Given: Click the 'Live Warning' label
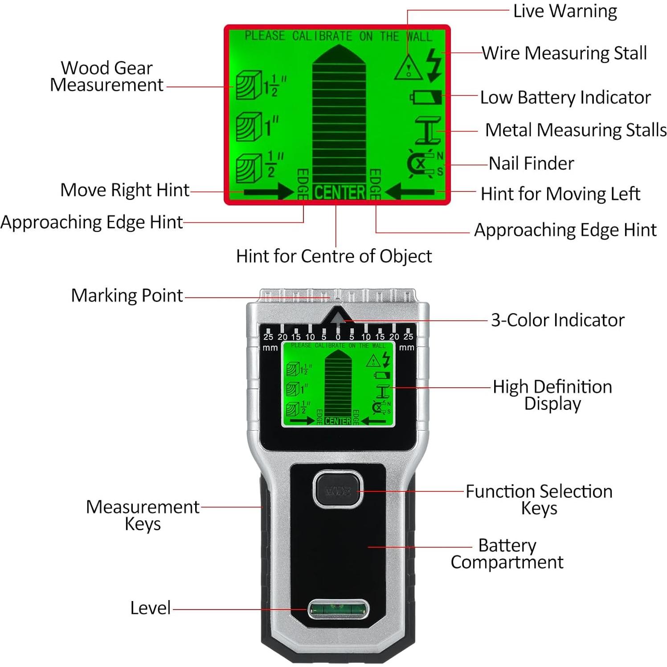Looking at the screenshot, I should point(565,11).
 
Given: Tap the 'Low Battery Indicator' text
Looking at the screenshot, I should point(565,98).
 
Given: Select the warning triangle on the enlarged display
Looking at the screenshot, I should point(409,68).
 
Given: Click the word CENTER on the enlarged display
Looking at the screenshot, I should point(340,192).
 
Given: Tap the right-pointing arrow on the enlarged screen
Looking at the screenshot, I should point(268,192).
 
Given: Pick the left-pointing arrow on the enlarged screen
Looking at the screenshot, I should point(410,192).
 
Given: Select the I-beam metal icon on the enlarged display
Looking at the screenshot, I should point(428,131).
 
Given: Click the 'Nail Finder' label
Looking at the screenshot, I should point(531,164).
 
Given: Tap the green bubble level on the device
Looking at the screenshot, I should point(338,608).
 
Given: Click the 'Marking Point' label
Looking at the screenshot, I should point(127,296).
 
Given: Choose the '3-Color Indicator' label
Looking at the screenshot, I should point(557,320).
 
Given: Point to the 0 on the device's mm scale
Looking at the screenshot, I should point(338,337).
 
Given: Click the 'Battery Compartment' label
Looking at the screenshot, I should point(507,554).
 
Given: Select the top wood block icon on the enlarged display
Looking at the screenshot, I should point(248,85).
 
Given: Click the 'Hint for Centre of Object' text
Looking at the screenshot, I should point(334,256).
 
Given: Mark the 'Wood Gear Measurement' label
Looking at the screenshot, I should point(107,77).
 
